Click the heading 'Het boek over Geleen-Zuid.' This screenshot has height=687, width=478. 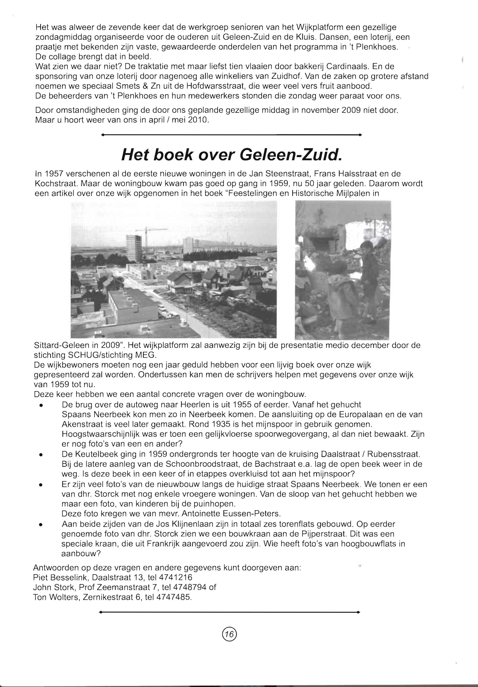pos(231,155)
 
